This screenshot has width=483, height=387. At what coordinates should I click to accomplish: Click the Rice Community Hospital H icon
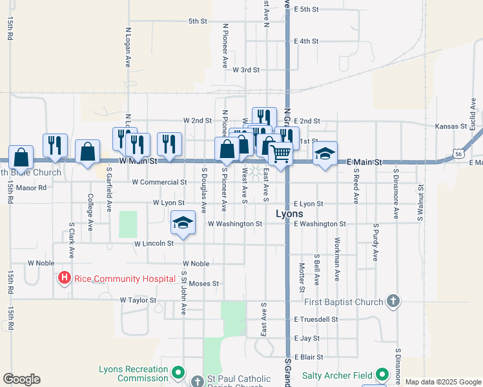pos(65,279)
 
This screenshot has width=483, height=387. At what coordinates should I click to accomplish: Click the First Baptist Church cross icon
pos(393,301)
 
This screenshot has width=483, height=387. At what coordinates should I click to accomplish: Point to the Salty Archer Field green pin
pos(382,375)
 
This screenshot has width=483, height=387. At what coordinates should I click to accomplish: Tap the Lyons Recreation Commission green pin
pos(178,373)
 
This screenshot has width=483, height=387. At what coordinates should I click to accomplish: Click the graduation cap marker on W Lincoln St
pos(183,224)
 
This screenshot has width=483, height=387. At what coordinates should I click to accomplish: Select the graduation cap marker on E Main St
pos(325,154)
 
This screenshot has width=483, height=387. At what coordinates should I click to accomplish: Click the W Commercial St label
pos(159,183)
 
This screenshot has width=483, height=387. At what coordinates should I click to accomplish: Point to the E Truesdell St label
pos(316,319)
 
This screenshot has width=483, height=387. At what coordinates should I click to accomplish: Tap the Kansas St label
pos(451,126)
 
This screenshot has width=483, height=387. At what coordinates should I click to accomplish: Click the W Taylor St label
pos(138,300)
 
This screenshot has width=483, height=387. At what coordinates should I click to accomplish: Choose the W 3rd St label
pos(246,70)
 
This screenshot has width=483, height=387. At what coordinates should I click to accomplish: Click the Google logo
pos(21,379)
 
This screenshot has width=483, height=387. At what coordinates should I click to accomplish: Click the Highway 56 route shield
pos(457,154)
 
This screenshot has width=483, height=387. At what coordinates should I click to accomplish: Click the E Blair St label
pos(309,357)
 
